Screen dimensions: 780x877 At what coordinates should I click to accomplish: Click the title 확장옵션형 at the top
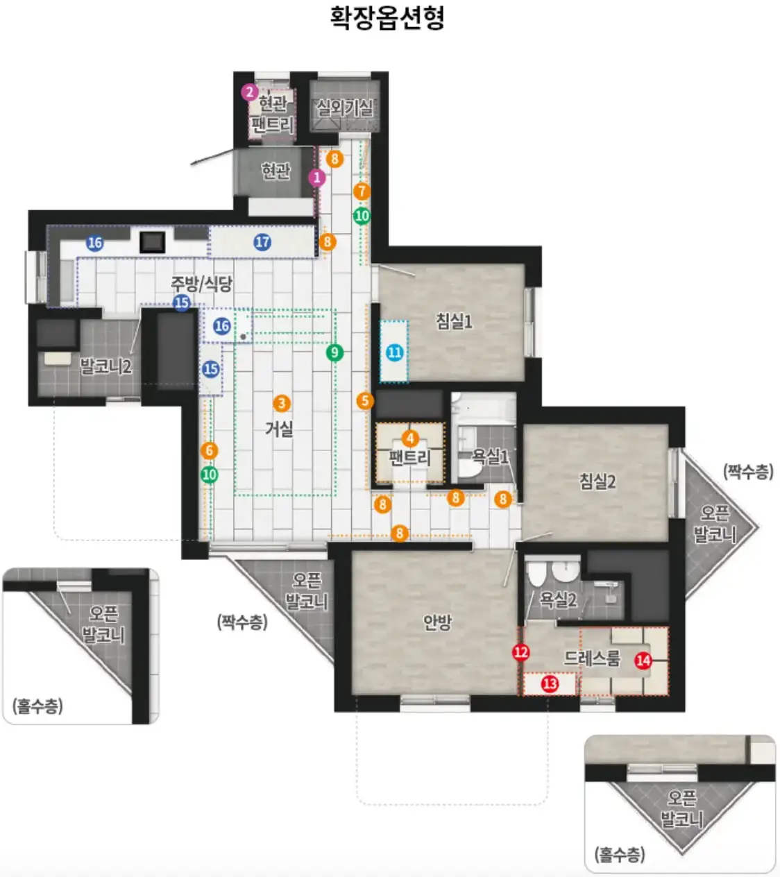click(387, 18)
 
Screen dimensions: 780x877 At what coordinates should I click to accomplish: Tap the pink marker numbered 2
click(250, 92)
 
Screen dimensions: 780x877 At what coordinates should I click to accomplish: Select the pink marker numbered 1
click(317, 178)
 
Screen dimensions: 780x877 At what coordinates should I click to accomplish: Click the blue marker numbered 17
click(262, 242)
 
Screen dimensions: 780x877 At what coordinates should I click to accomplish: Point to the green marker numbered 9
click(334, 352)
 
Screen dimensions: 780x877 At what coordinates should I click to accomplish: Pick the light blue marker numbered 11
click(395, 352)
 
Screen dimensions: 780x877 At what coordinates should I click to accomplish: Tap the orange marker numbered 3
click(282, 403)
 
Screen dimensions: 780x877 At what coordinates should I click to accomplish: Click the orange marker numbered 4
click(410, 438)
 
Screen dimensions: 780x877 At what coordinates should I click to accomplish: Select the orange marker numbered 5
click(365, 401)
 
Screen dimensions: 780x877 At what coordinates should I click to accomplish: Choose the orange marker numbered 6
click(209, 450)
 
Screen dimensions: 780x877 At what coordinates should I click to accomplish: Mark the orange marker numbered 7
click(362, 191)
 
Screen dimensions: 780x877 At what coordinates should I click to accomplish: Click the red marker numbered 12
click(521, 652)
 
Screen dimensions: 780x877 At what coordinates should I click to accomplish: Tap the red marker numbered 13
click(550, 684)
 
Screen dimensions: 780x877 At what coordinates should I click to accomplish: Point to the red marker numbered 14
click(643, 661)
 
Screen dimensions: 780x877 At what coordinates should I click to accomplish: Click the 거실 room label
click(280, 429)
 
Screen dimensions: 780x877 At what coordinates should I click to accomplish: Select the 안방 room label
click(437, 622)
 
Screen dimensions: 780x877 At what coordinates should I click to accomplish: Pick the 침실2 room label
click(597, 482)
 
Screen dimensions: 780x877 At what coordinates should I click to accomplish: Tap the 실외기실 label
click(345, 108)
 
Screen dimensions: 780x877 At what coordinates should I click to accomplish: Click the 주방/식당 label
click(201, 284)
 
